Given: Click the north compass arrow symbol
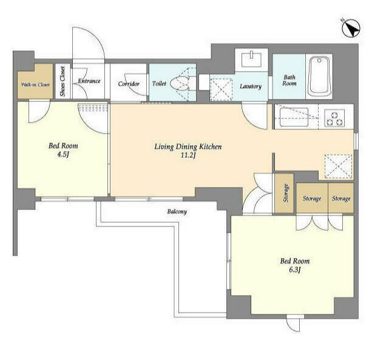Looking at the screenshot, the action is point(351,29).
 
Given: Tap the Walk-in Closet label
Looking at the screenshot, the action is point(35,85).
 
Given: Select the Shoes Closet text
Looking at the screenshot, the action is point(63,81).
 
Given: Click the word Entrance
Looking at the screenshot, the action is point(89,81).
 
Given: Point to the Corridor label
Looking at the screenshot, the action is point(129,84).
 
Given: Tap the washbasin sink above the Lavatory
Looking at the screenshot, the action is point(252,59).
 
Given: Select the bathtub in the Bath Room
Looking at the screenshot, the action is point(319,76).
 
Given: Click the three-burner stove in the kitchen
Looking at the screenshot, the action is point(334,118).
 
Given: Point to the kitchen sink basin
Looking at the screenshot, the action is point(294,117).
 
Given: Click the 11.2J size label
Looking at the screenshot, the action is point(188,155).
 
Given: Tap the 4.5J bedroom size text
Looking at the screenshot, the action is point(63,155).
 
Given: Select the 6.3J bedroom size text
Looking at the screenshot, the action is point(294,270).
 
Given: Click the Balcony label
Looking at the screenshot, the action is point(177,211).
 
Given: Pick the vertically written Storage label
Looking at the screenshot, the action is point(286,193).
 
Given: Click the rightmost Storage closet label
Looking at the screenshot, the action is point(341,199).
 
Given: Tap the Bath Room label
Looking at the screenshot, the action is point(289,80).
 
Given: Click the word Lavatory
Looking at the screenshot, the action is point(251,86).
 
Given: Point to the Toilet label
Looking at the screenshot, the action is point(159,84).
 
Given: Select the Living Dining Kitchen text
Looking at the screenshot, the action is point(188,147).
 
